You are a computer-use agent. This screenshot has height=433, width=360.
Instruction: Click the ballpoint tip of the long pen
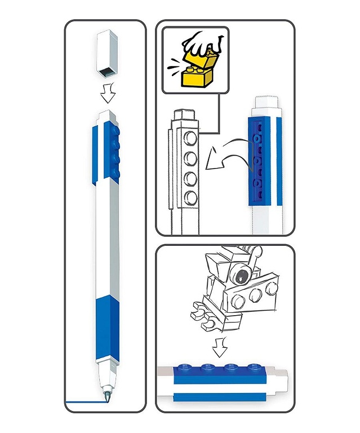click(106, 393)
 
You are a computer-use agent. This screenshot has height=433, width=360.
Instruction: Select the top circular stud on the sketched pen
click(191, 140)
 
